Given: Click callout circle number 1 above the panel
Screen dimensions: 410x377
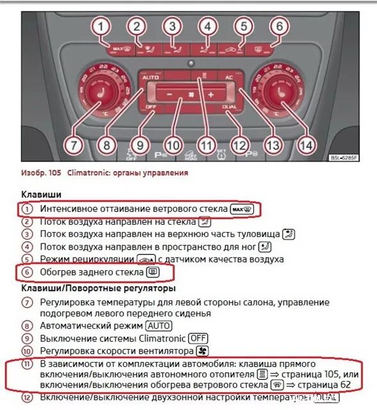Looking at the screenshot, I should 100,27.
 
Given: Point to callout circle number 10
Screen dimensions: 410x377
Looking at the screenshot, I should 171,145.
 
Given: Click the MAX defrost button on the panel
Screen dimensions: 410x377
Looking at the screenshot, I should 119,48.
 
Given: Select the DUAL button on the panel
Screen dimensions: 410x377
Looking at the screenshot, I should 229,106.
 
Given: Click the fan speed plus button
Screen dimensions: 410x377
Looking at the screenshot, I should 211,95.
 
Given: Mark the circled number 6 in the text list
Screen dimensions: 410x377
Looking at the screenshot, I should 26,272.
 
